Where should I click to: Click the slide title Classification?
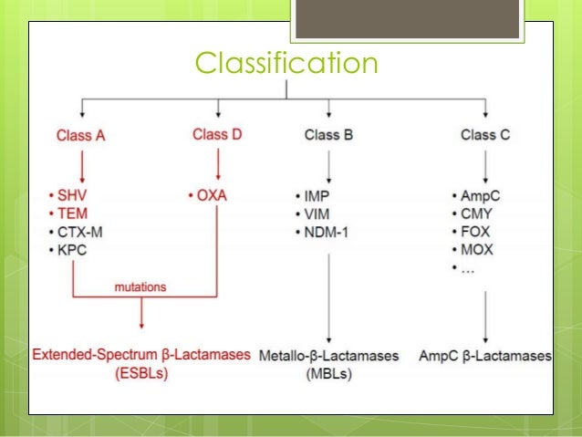coord(286,64)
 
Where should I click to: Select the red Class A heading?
coord(82,136)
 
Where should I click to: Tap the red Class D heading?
coord(217,135)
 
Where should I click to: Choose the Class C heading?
coord(485,136)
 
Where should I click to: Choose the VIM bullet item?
coord(317,213)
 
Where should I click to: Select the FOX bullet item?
coord(476,232)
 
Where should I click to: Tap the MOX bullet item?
coord(477,250)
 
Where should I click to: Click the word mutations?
coord(140,286)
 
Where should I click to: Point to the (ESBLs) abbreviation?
coord(140,373)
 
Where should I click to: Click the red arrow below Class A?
coord(82,166)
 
